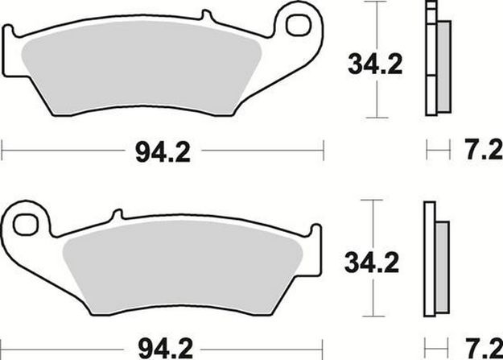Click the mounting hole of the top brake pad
point(299,25)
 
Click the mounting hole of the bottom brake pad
point(25,225)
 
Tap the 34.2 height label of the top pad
point(375,64)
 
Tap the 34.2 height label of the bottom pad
point(372,263)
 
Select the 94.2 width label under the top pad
point(163,152)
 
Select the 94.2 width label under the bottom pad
point(166,350)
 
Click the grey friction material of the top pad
point(142,68)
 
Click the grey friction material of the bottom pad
point(183,267)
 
